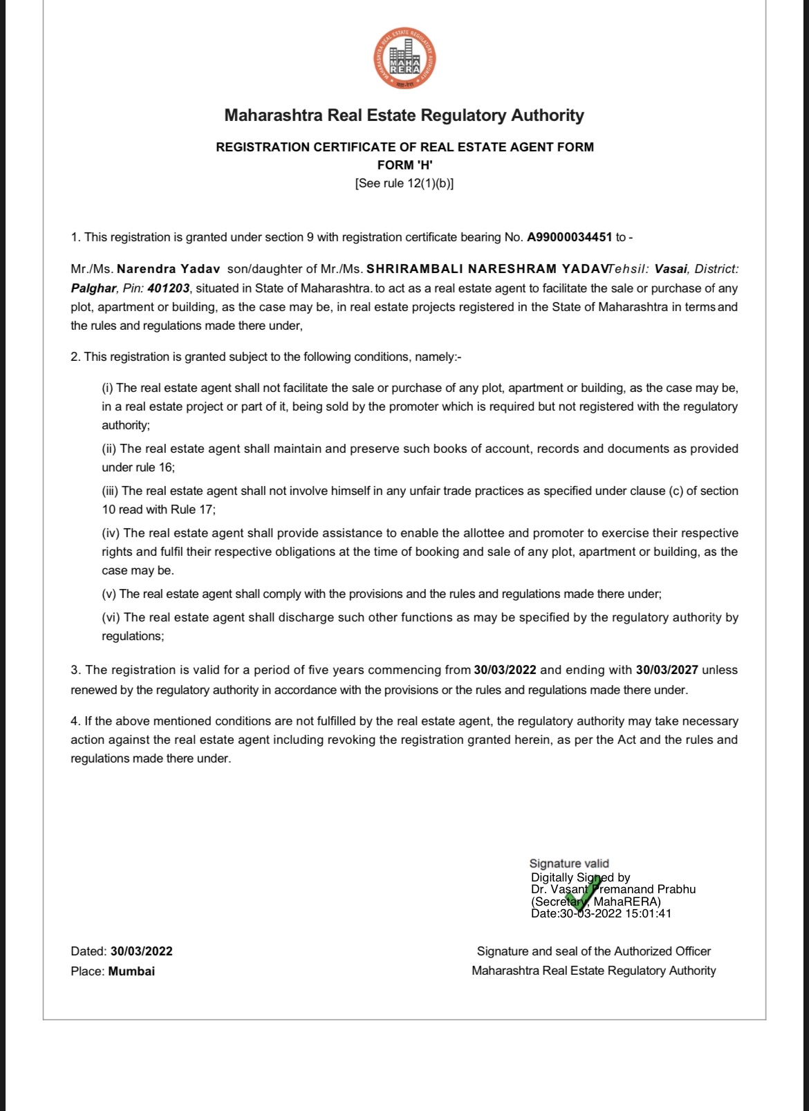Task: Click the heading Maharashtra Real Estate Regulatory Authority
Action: tap(404, 115)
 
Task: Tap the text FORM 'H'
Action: tap(404, 165)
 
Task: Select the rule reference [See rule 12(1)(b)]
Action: tap(404, 183)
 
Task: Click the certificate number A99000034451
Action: tap(569, 237)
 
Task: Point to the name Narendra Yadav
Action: tap(169, 269)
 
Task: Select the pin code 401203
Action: tap(168, 288)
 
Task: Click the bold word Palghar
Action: tap(93, 288)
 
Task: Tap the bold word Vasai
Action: tap(671, 269)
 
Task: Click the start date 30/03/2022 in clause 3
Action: tap(505, 670)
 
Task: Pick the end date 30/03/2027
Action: tap(667, 670)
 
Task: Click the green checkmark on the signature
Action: tap(584, 895)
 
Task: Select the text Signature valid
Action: tap(569, 863)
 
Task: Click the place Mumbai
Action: tap(131, 971)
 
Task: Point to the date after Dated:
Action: tap(141, 951)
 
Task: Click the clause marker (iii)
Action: tap(110, 491)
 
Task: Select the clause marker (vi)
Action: tap(111, 617)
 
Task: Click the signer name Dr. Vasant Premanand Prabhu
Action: tap(613, 889)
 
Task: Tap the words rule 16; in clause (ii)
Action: tap(156, 467)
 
